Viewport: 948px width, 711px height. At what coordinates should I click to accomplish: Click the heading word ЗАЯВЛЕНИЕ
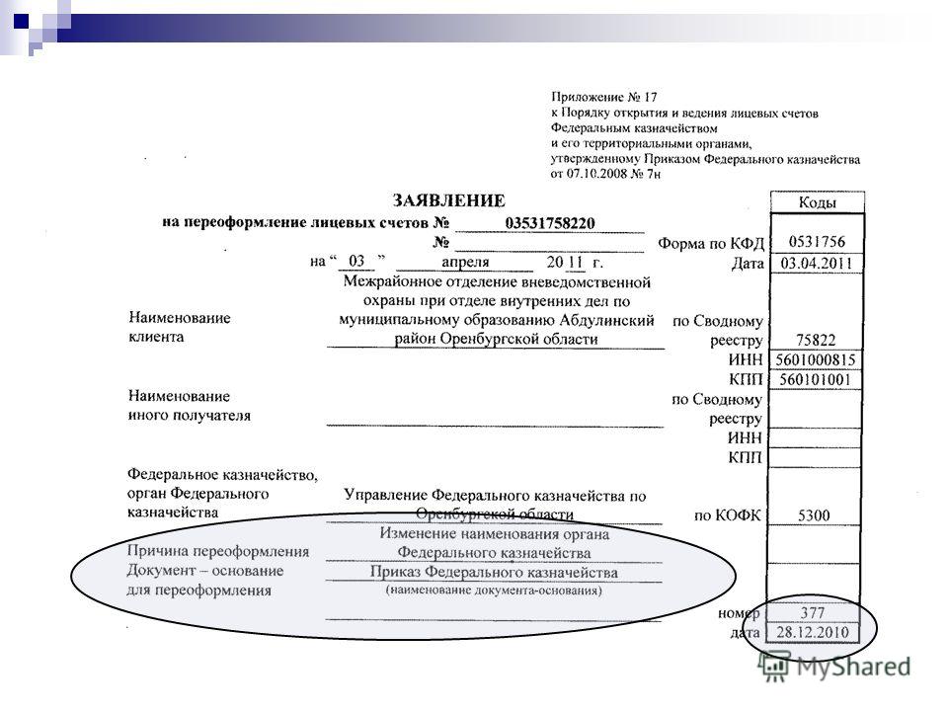pyautogui.click(x=448, y=200)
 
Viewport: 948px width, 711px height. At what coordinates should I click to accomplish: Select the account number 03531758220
pyautogui.click(x=550, y=223)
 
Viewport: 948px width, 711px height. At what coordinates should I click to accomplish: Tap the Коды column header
pyautogui.click(x=817, y=201)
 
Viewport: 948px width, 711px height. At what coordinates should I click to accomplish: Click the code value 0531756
pyautogui.click(x=817, y=242)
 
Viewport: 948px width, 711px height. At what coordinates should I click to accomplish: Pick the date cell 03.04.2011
pyautogui.click(x=817, y=263)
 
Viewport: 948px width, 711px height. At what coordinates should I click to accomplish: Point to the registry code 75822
pyautogui.click(x=816, y=340)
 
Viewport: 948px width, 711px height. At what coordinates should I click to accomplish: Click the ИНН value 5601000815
pyautogui.click(x=816, y=360)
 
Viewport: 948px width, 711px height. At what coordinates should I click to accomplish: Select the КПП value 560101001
pyautogui.click(x=815, y=379)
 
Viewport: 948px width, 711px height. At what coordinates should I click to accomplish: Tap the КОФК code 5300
pyautogui.click(x=814, y=515)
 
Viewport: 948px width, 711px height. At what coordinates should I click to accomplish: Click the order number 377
pyautogui.click(x=812, y=613)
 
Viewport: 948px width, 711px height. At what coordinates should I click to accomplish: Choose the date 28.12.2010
pyautogui.click(x=813, y=632)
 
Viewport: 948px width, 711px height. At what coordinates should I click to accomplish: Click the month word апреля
pyautogui.click(x=465, y=263)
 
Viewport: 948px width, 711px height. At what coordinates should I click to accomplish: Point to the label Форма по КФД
pyautogui.click(x=711, y=244)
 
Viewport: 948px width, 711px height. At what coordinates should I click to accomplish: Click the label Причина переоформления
pyautogui.click(x=217, y=551)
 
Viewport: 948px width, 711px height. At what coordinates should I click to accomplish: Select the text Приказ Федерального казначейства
pyautogui.click(x=494, y=572)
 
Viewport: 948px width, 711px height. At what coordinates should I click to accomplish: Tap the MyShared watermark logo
pyautogui.click(x=835, y=667)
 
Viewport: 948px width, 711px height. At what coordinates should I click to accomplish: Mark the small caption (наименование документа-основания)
pyautogui.click(x=494, y=591)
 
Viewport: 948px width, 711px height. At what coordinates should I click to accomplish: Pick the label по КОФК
pyautogui.click(x=728, y=515)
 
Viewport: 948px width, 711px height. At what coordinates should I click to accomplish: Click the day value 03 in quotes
pyautogui.click(x=356, y=261)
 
